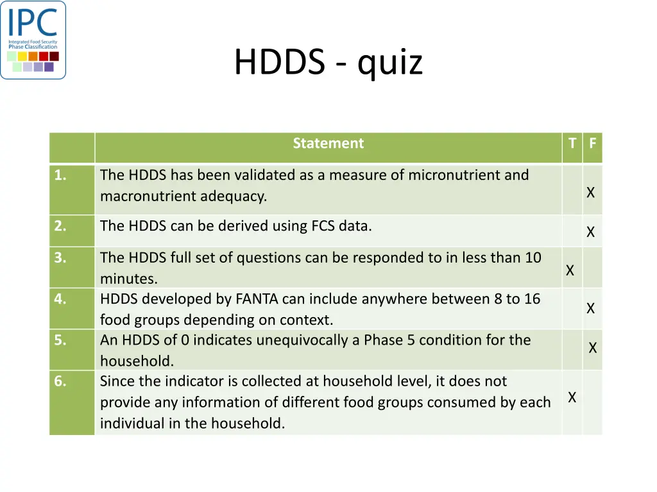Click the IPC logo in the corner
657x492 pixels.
tap(33, 40)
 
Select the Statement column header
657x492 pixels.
tap(328, 143)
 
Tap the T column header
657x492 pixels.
tap(572, 143)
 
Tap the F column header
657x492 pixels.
tap(592, 143)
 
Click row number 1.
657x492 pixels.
tap(60, 175)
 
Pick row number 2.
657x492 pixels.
tap(60, 225)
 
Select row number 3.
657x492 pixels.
tap(60, 258)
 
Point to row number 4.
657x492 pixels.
tap(60, 299)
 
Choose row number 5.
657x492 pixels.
tap(60, 340)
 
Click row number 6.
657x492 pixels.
tap(60, 381)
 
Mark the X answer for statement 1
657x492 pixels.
tap(591, 192)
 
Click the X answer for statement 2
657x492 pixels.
tap(591, 232)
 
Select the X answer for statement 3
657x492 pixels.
tap(570, 271)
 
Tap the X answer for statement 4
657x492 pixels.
tap(591, 308)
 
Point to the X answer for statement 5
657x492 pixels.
tap(593, 348)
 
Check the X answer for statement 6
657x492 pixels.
tap(572, 398)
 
